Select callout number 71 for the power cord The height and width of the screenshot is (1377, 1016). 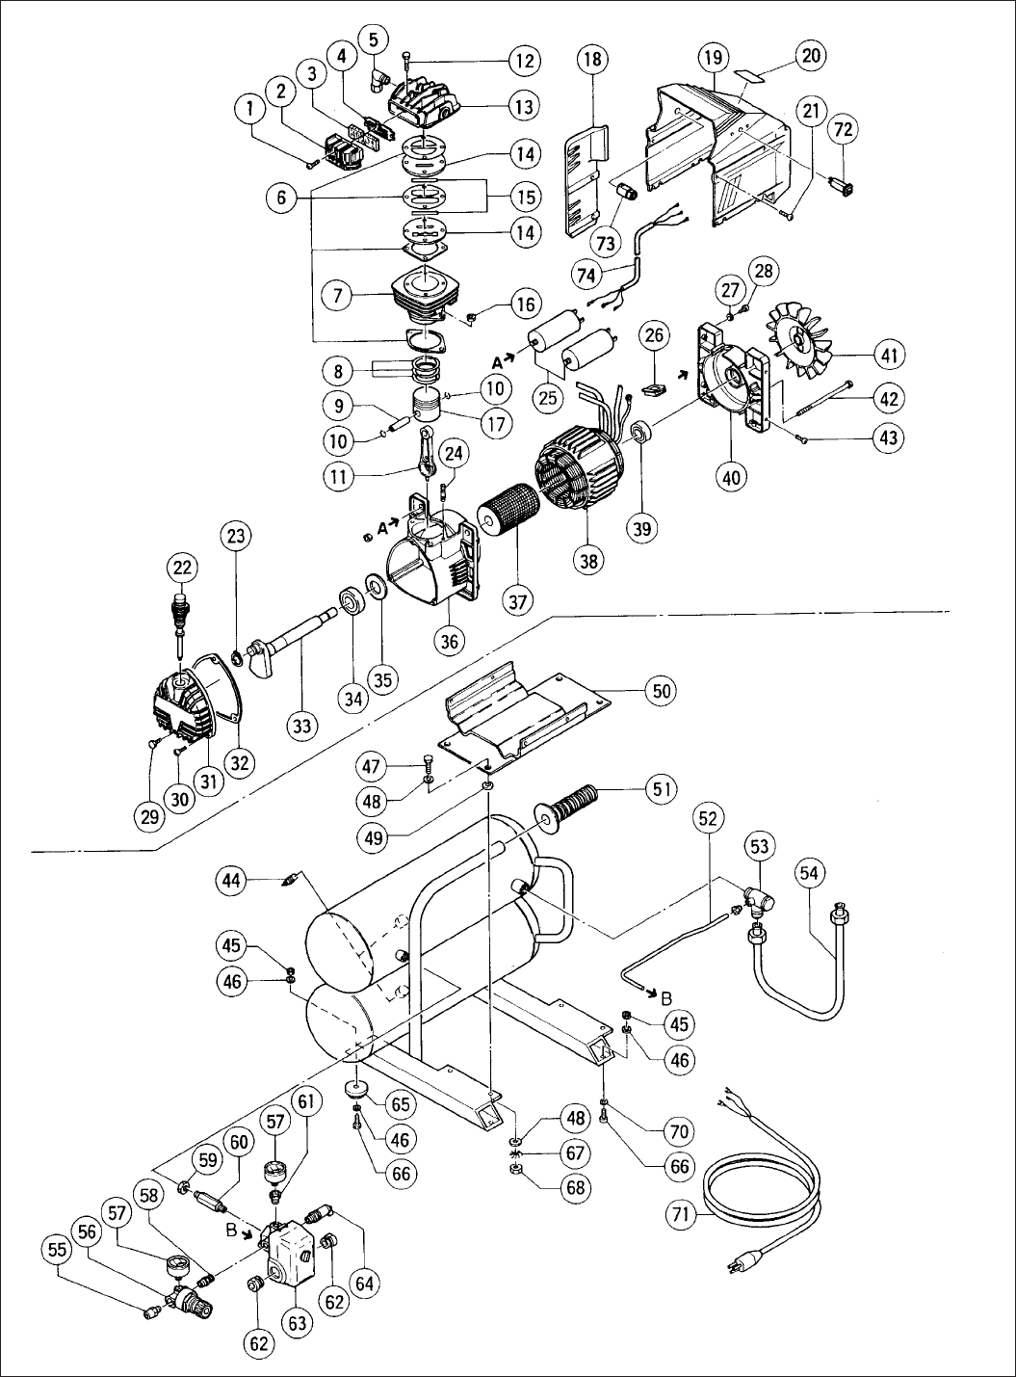[682, 1214]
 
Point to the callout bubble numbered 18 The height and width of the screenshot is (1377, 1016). [592, 60]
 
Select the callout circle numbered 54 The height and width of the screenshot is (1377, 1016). [809, 873]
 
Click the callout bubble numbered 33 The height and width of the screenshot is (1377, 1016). [301, 726]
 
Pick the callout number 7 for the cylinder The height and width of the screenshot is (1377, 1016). [338, 296]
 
